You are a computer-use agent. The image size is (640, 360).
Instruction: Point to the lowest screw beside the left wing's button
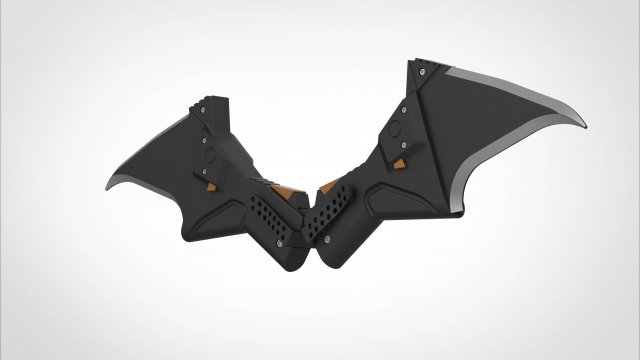tap(211, 178)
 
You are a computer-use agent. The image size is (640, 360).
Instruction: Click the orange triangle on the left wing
tap(215, 186)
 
